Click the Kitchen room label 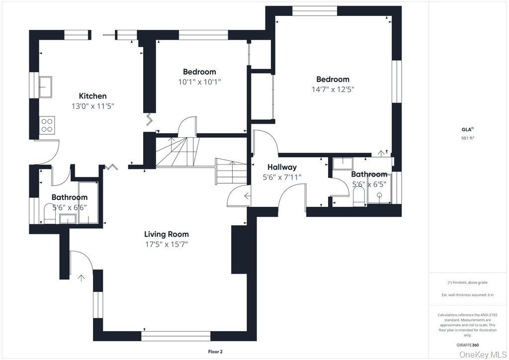93,96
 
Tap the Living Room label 166,234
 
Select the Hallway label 282,168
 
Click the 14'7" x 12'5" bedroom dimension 333,90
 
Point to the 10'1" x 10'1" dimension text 199,82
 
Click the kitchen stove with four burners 47,125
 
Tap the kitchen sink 45,87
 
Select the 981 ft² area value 467,138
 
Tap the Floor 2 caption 215,352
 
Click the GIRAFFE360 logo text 467,346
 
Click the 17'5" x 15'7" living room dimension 167,245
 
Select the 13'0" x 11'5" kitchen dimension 93,106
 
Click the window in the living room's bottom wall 175,336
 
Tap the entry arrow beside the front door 81,278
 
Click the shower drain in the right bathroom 379,195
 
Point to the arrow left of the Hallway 248,196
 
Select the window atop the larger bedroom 315,11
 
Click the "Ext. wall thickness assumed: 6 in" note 467,295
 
